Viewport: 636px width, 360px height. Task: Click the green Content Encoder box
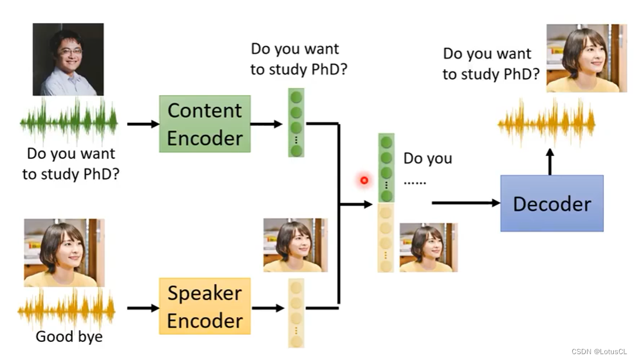(x=204, y=124)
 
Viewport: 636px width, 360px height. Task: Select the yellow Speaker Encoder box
(x=204, y=307)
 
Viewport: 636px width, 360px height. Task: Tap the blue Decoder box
(x=551, y=203)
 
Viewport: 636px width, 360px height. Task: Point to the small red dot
(x=364, y=181)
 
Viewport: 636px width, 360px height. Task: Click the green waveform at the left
(x=68, y=123)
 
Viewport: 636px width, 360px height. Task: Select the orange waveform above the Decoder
(x=547, y=123)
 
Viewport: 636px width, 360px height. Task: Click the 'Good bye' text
(x=69, y=337)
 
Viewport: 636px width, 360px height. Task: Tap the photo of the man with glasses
(x=68, y=59)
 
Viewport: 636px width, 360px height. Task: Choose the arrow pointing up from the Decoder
(x=549, y=161)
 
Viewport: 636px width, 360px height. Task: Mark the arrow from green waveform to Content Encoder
(x=143, y=124)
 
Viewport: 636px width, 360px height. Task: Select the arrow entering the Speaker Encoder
(x=143, y=308)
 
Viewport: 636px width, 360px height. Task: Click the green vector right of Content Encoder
(x=297, y=123)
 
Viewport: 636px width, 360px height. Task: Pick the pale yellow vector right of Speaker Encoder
(x=297, y=313)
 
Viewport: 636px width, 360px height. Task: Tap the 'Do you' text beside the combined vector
(x=428, y=159)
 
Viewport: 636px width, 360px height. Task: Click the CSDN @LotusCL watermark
(x=601, y=351)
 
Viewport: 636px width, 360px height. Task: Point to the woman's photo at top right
(x=586, y=58)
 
